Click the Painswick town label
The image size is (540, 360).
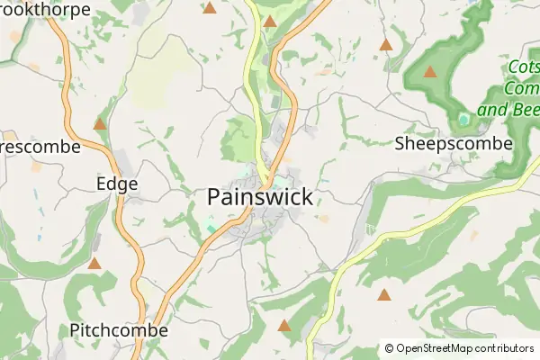260,196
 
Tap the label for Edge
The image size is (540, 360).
117,184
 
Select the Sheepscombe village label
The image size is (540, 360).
454,143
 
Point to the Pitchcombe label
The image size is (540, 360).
119,330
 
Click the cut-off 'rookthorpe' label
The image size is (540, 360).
45,9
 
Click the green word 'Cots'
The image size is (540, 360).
524,68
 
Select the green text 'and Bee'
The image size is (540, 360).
508,111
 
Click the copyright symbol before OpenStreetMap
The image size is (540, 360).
389,348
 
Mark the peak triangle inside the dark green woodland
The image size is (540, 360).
430,72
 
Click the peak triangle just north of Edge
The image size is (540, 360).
100,124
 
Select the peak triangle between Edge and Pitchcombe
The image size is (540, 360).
94,264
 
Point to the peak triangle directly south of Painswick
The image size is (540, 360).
284,326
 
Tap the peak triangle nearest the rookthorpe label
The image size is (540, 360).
210,8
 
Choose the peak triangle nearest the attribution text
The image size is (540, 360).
384,294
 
